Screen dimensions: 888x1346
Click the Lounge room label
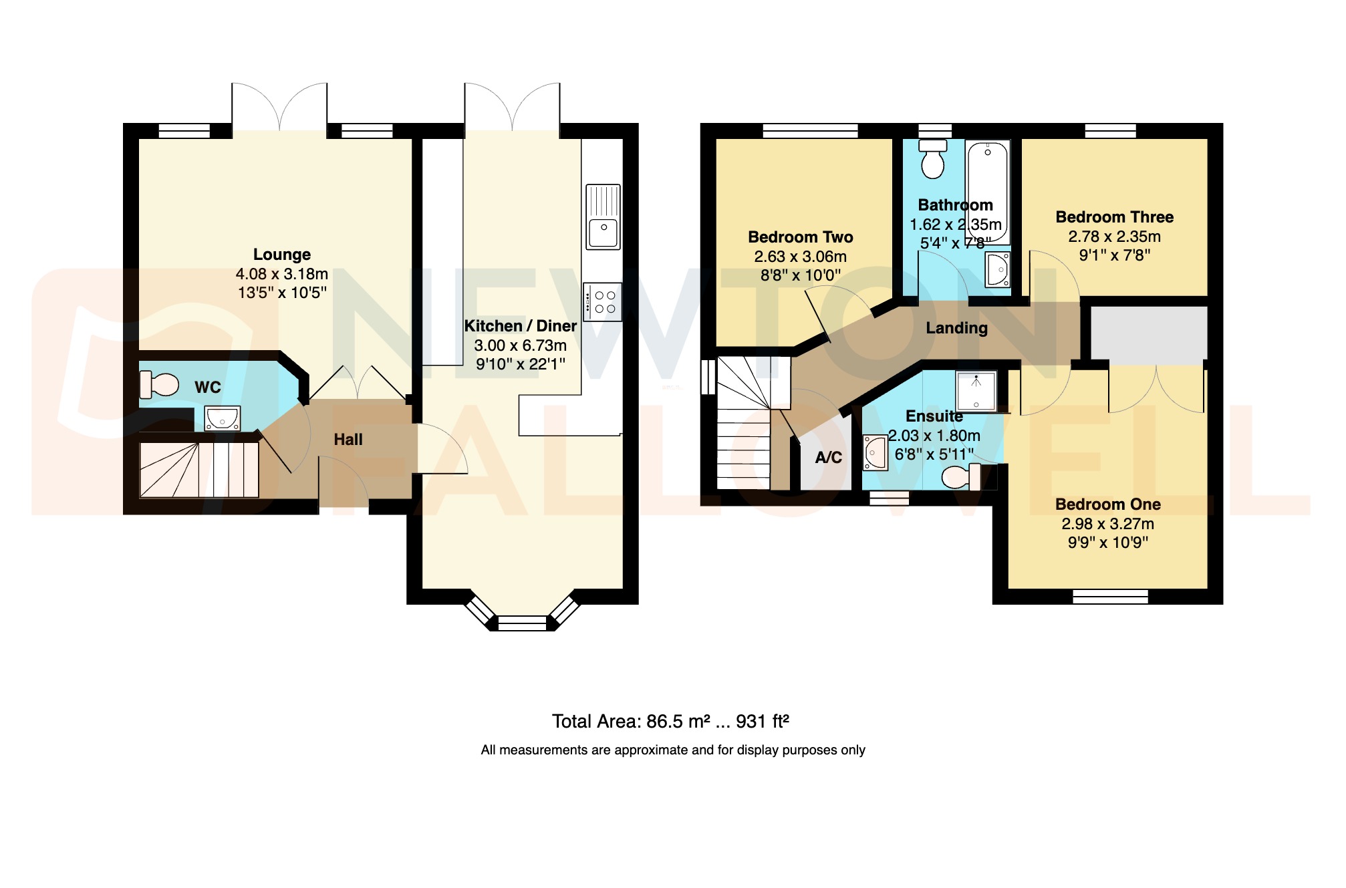coord(281,255)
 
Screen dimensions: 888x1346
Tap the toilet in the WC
coord(159,385)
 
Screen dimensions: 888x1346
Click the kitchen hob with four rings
coord(603,302)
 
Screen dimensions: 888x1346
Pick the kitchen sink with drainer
coord(603,216)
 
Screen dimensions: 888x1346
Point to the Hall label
coord(348,440)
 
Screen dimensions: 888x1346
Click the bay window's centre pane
coord(522,623)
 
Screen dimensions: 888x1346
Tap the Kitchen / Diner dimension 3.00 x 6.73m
coord(520,345)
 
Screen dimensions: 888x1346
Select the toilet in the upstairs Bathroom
coord(933,159)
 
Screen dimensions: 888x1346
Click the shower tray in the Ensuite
coord(976,392)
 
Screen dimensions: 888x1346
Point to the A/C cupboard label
coord(828,458)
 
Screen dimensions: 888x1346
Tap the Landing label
coord(956,328)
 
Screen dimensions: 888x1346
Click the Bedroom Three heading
coord(1114,217)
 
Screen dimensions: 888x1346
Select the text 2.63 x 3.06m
coord(800,257)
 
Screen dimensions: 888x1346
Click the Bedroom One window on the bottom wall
coord(1110,597)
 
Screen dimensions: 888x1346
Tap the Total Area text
coord(670,722)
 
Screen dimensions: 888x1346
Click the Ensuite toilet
coord(960,477)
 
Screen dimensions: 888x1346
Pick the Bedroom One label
coord(1107,504)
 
